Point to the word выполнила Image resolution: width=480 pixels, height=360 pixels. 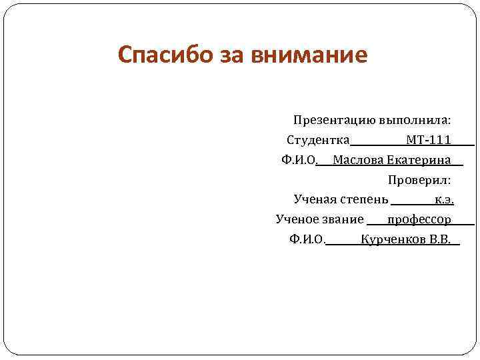point(415,121)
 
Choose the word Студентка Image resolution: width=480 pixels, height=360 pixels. point(318,140)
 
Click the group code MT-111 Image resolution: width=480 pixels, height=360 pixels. point(429,140)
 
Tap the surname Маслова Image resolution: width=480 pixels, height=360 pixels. point(358,160)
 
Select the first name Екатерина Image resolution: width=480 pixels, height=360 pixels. point(419,160)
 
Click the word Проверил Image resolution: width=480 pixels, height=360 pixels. point(419,179)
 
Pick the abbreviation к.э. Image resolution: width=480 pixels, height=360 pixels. point(444,199)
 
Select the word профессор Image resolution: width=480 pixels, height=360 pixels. point(419,219)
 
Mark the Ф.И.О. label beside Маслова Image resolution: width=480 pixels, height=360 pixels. point(299,160)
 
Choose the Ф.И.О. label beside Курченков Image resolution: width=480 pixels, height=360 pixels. point(307,239)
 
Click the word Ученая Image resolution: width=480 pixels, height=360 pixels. point(315,199)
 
